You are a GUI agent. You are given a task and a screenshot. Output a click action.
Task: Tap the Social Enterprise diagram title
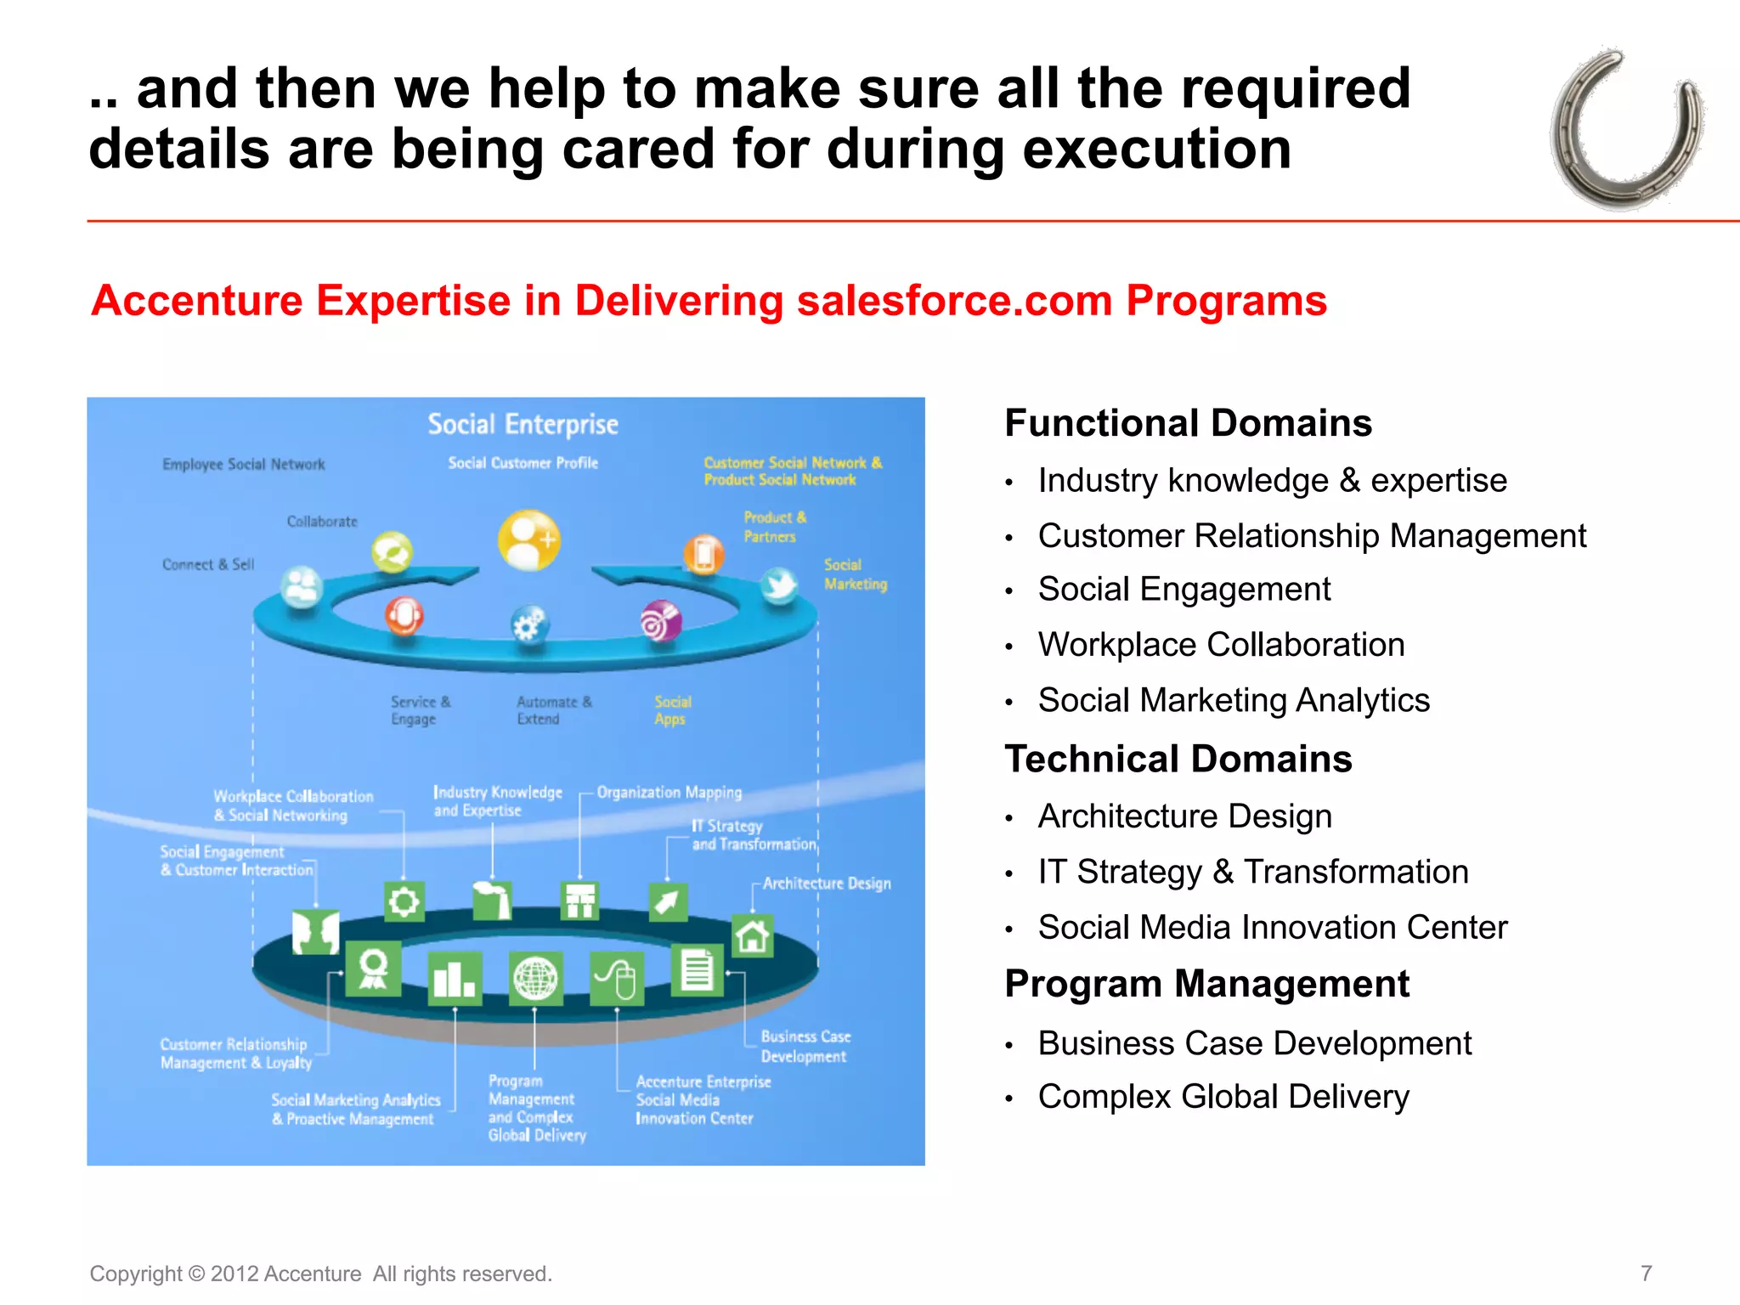click(523, 424)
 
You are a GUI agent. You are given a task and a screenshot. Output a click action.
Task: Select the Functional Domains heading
click(1188, 423)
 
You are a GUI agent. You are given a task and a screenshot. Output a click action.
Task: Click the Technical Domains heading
click(1178, 759)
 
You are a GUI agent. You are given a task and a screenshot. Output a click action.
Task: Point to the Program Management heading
click(1206, 984)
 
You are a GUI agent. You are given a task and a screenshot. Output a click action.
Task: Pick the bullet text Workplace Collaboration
click(1221, 645)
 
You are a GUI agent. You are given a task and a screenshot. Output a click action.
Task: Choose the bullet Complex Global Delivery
click(1223, 1097)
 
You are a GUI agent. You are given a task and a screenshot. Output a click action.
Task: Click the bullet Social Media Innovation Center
click(1272, 928)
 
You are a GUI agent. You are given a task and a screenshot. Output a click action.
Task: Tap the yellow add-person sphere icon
click(528, 540)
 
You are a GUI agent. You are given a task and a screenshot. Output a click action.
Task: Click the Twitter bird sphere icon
click(779, 585)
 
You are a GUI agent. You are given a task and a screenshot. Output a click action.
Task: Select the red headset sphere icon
click(404, 615)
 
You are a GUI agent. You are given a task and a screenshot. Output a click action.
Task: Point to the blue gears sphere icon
click(529, 626)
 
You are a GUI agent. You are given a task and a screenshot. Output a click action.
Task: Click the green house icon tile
click(752, 936)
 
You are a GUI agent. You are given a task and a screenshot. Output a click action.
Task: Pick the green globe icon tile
click(535, 979)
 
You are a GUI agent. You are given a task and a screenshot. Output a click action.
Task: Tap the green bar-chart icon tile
click(455, 979)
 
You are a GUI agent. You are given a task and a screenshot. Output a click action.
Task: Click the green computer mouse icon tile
click(617, 979)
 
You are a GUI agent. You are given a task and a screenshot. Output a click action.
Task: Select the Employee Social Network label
click(244, 465)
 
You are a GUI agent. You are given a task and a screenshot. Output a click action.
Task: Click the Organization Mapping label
click(669, 793)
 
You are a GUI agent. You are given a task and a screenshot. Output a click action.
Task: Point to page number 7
click(1646, 1273)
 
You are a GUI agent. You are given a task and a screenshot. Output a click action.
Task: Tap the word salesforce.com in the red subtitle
click(954, 301)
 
